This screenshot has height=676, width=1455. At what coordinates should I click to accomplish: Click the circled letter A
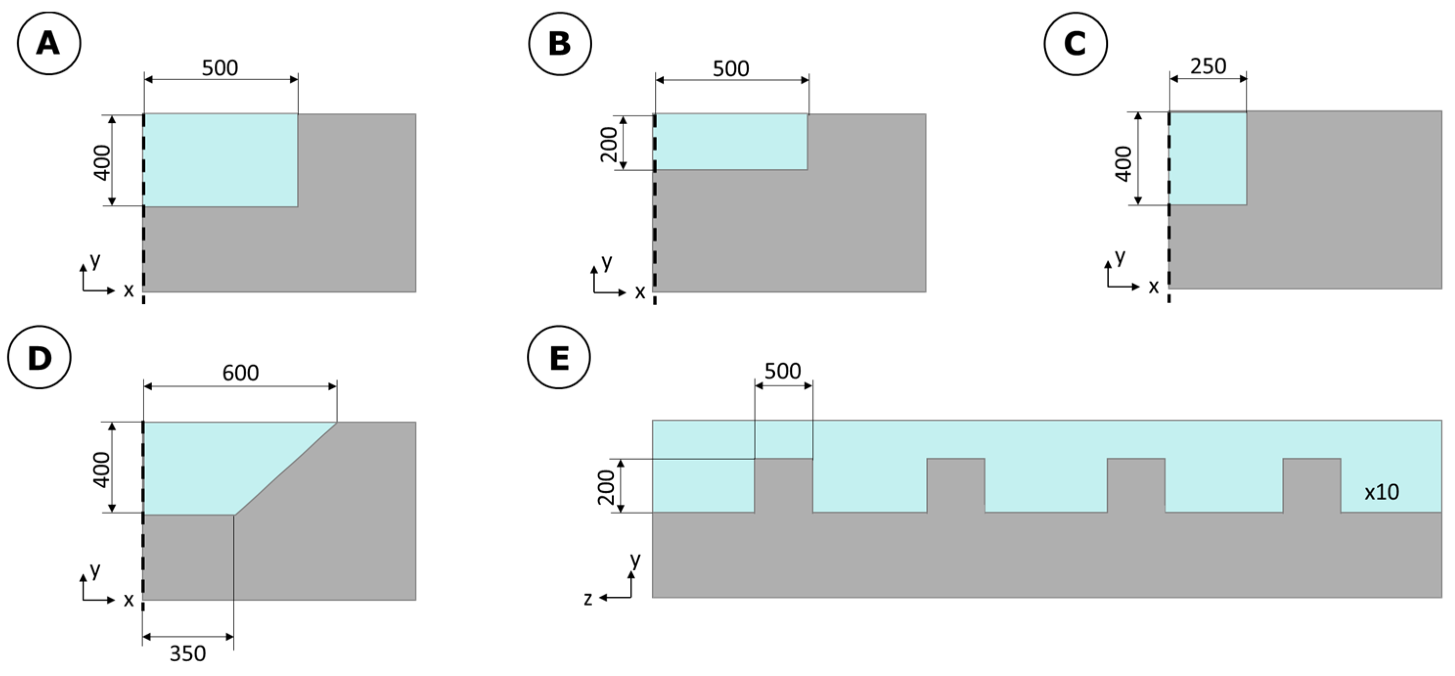(x=48, y=44)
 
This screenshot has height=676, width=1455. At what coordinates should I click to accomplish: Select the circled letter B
(x=560, y=44)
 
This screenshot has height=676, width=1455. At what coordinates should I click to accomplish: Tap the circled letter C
(x=1075, y=44)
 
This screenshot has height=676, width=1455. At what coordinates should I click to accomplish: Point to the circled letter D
(x=39, y=358)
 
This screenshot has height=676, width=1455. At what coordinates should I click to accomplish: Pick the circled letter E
(x=559, y=358)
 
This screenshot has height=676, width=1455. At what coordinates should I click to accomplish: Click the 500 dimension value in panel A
(x=220, y=68)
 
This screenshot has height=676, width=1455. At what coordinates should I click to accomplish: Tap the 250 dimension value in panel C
(x=1208, y=66)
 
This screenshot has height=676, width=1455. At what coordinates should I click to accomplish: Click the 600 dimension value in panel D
(x=240, y=373)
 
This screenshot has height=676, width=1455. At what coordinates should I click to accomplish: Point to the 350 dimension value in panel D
(x=187, y=653)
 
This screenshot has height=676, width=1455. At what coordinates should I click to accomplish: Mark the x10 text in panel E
(x=1382, y=493)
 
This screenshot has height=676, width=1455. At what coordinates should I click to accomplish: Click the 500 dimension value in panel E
(x=783, y=371)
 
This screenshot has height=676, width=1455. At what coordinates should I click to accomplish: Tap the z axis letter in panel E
(x=588, y=599)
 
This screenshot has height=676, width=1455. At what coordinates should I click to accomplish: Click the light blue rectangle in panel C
(x=1208, y=158)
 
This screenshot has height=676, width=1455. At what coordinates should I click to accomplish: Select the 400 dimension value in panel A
(x=102, y=163)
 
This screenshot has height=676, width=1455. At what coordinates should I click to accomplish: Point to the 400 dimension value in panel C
(x=1123, y=164)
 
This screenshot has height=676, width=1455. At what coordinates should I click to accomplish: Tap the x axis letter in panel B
(x=640, y=293)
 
